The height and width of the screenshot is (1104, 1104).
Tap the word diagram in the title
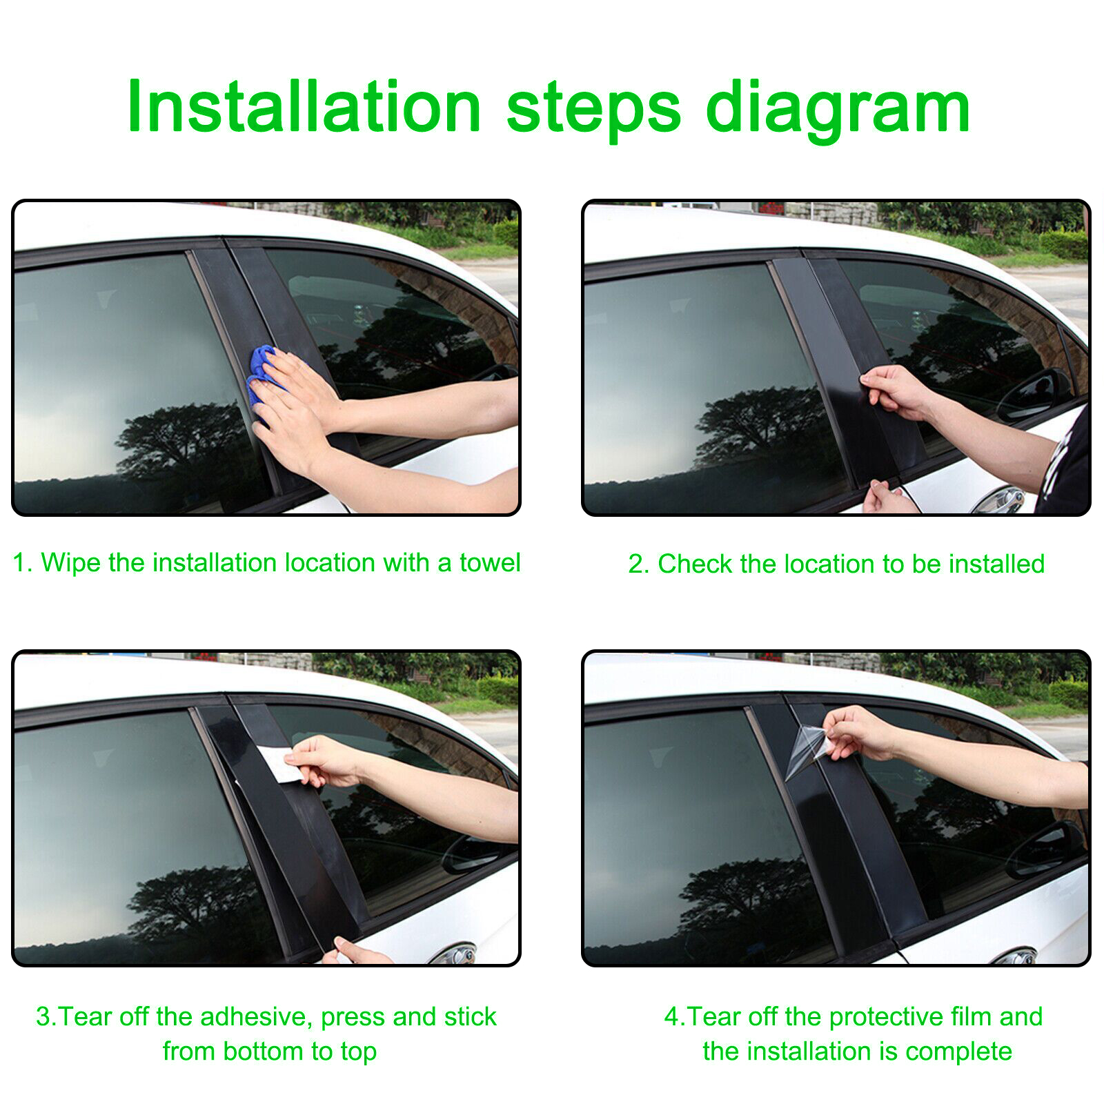point(838,110)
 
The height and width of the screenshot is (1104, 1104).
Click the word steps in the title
point(594,110)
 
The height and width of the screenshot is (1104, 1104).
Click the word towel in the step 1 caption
point(490,562)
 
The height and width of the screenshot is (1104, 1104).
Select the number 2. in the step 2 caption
point(638,564)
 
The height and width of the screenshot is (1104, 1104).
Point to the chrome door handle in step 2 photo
point(998,500)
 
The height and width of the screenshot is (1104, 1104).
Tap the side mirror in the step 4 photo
point(1045,849)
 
